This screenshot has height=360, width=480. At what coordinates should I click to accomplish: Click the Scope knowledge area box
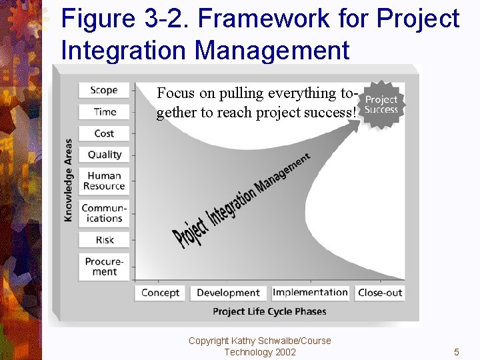pos(103,91)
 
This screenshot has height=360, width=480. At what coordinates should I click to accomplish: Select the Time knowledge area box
pos(104,112)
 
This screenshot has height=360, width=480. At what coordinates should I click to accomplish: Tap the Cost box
pos(104,133)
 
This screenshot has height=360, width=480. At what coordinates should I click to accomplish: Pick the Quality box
pos(104,155)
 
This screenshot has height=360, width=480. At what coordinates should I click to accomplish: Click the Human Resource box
pos(104,181)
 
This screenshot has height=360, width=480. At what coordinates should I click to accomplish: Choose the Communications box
pos(104,213)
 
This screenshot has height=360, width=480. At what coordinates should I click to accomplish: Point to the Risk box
pos(104,240)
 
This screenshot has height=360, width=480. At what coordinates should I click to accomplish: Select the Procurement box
pos(104,267)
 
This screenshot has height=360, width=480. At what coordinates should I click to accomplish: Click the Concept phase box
pos(160,293)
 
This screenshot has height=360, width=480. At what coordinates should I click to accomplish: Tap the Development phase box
pos(228,293)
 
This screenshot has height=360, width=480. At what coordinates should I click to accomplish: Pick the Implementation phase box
pos(310,293)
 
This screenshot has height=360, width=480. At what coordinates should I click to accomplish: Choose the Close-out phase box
pos(380,293)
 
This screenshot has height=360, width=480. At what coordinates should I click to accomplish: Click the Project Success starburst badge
pos(381,104)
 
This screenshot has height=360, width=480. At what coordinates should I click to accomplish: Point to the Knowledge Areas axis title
pos(68,180)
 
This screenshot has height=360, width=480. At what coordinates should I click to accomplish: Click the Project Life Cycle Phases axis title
pos(269,311)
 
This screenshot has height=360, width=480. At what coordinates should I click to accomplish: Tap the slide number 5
pos(457,352)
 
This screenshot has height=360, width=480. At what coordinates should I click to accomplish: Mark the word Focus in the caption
pos(175,93)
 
